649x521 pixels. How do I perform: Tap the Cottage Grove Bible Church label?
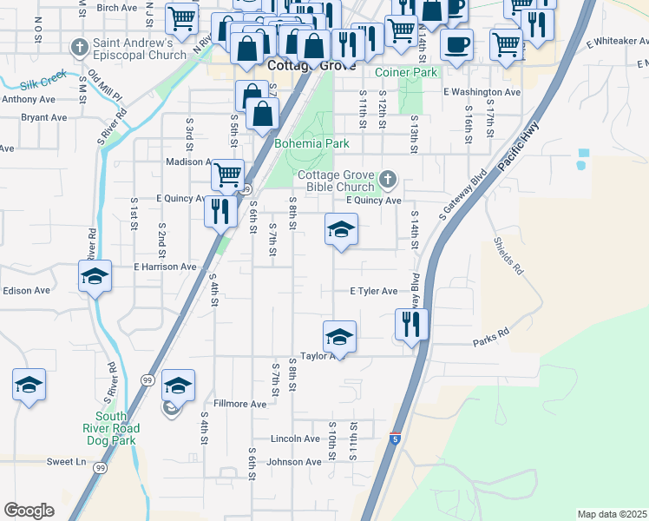click(336, 181)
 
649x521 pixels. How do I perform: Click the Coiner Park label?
click(406, 73)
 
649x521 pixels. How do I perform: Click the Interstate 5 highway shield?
click(396, 440)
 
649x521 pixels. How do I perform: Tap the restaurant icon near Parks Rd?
click(411, 324)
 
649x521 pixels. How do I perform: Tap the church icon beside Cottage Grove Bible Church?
click(387, 181)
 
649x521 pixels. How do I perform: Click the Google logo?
click(29, 511)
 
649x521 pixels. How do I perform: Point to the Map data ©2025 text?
click(612, 514)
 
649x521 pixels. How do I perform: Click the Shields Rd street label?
click(509, 256)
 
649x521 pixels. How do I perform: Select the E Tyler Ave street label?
click(373, 292)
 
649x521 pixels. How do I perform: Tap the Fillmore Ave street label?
click(239, 404)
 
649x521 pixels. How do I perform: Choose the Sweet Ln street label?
click(66, 462)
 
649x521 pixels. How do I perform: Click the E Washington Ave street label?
click(482, 92)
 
